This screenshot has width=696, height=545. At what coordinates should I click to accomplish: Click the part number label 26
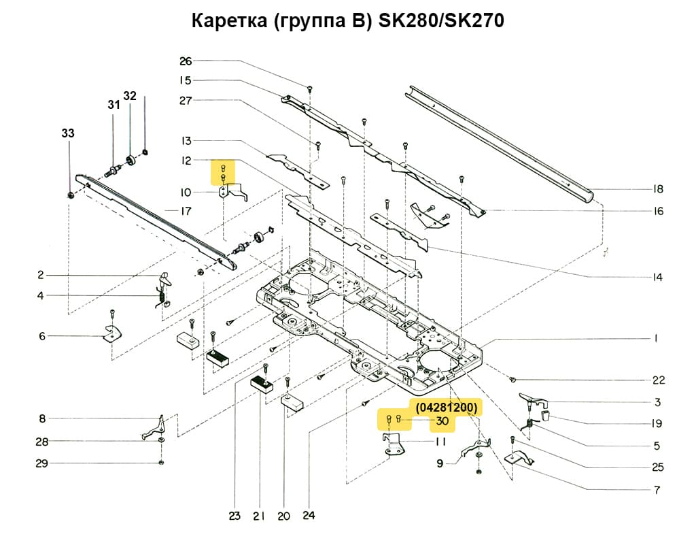(x=186, y=61)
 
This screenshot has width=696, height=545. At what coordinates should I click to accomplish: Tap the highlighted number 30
(x=442, y=421)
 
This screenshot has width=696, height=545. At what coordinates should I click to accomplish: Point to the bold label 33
(x=68, y=134)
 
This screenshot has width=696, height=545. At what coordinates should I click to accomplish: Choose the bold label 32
(x=130, y=95)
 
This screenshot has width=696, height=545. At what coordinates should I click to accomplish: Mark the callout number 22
(x=658, y=380)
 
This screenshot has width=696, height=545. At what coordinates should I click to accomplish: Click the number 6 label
(x=41, y=336)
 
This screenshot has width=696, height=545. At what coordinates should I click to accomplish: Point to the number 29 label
(x=41, y=463)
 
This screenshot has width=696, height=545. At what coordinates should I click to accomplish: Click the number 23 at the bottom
(x=234, y=516)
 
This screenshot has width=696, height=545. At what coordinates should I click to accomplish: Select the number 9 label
(x=440, y=463)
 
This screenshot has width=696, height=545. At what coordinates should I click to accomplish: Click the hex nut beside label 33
(x=71, y=196)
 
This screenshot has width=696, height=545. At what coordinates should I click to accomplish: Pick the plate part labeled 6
(x=111, y=333)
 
